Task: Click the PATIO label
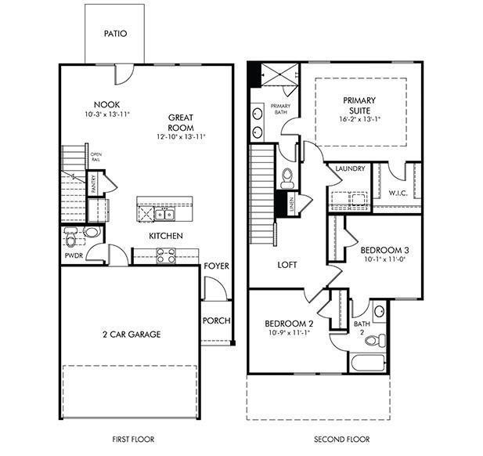(x=115, y=34)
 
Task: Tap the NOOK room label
(x=106, y=104)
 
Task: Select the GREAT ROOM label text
(x=180, y=122)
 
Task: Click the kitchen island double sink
(x=164, y=214)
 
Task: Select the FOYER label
(x=217, y=266)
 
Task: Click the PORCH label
(x=216, y=320)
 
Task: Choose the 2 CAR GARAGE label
(x=131, y=335)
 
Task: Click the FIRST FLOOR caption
(x=130, y=440)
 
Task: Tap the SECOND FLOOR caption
(x=342, y=440)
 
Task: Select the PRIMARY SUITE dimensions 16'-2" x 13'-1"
(x=359, y=120)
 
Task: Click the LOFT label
(x=287, y=265)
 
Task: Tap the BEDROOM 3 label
(x=384, y=251)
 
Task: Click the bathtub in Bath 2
(x=367, y=364)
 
